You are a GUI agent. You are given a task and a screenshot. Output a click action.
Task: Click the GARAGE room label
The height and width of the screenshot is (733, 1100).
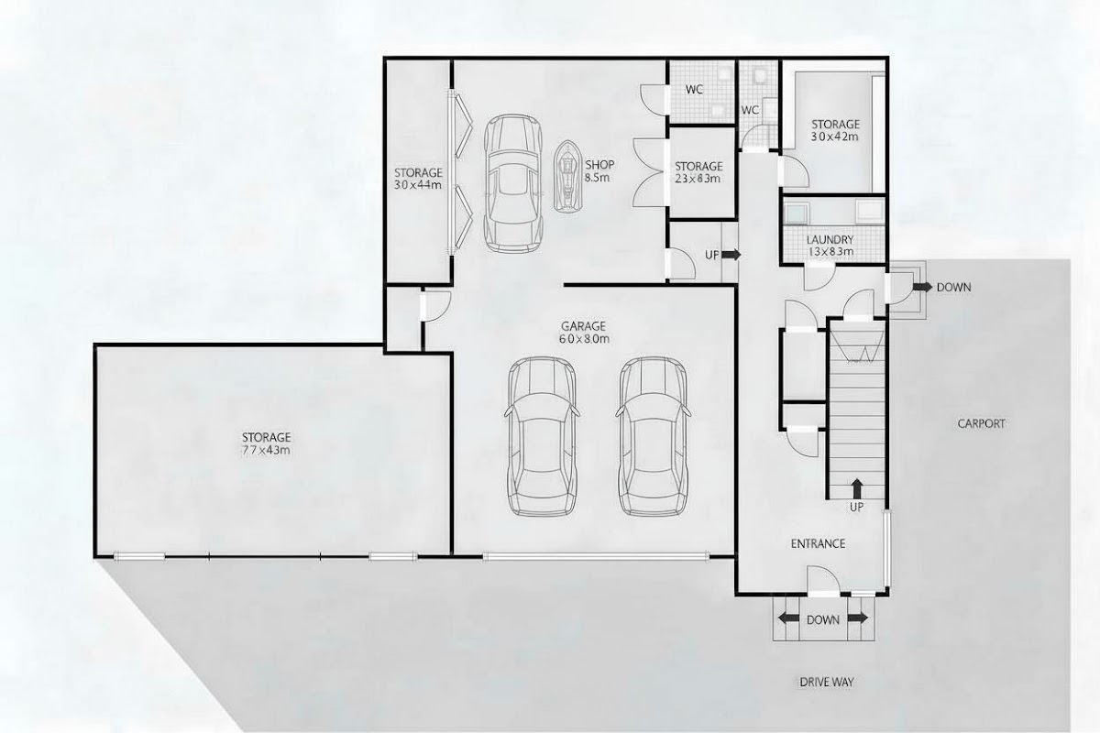(584, 326)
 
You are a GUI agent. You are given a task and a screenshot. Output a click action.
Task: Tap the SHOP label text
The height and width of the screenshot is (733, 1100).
(599, 165)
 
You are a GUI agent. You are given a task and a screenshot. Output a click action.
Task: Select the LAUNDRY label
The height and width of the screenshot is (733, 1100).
(830, 239)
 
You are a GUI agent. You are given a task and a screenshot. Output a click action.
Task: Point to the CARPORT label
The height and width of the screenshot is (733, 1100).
(981, 423)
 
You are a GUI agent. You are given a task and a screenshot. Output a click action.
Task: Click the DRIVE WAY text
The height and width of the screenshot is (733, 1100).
(827, 682)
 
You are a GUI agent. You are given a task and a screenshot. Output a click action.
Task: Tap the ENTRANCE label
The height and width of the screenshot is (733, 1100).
(818, 543)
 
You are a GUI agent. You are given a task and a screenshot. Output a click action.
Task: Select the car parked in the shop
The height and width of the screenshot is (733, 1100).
(513, 183)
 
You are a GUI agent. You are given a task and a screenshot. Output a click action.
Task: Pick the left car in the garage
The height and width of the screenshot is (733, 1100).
(542, 436)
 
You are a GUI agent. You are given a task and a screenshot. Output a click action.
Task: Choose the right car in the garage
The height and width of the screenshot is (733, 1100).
(653, 436)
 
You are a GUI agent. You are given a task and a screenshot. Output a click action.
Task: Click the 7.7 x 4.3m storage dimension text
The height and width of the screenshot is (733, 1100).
(266, 450)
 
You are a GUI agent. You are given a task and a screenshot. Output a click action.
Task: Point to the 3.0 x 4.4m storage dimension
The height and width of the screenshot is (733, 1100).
(418, 185)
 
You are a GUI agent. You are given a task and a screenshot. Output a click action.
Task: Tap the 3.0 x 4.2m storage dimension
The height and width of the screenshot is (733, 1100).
(835, 137)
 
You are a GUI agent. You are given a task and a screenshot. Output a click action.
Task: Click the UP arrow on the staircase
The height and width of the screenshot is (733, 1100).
(857, 489)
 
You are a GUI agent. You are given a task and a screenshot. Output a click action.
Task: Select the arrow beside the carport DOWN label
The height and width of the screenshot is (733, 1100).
(922, 287)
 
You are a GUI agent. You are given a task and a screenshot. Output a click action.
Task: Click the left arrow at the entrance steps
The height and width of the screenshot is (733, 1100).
(789, 618)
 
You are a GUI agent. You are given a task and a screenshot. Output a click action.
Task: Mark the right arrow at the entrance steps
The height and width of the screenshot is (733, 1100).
(857, 618)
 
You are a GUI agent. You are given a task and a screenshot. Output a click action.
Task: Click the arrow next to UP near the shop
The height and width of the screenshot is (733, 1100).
(731, 255)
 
